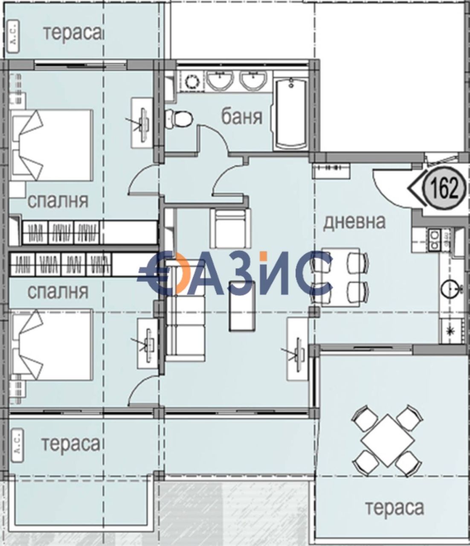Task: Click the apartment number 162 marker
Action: coord(444,188)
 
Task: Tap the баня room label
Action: coord(242,116)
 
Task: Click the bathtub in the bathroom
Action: coord(292,114)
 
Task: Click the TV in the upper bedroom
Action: coord(142,119)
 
